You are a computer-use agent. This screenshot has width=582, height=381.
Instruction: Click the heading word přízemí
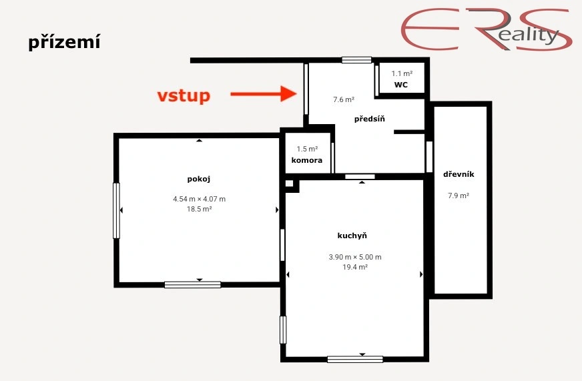(64, 42)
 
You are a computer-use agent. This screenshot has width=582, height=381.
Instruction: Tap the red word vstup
(184, 95)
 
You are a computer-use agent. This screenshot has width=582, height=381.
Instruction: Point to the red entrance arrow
(264, 93)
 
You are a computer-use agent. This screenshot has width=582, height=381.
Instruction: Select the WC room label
(401, 85)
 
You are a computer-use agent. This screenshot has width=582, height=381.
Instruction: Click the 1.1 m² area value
(402, 73)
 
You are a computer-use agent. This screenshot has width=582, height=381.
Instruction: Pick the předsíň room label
(369, 119)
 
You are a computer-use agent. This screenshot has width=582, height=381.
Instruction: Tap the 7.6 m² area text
(344, 99)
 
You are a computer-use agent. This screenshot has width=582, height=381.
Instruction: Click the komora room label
(307, 160)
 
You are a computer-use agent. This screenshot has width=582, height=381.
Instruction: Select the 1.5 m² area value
(307, 149)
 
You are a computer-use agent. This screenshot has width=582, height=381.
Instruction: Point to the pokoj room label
(199, 179)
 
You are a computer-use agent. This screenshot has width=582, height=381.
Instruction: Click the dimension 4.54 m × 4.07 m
(200, 199)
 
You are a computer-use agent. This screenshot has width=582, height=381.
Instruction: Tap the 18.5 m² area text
(200, 209)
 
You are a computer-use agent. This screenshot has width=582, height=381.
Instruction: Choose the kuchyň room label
(352, 236)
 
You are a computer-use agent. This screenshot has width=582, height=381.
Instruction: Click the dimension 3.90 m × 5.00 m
(355, 257)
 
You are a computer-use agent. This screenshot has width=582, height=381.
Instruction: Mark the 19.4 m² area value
(355, 267)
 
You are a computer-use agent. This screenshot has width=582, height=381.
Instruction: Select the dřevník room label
(459, 174)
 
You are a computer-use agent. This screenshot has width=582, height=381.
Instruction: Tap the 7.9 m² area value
(459, 196)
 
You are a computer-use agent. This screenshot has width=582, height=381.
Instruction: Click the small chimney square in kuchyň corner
(290, 183)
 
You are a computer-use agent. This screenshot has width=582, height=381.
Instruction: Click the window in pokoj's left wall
(117, 210)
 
